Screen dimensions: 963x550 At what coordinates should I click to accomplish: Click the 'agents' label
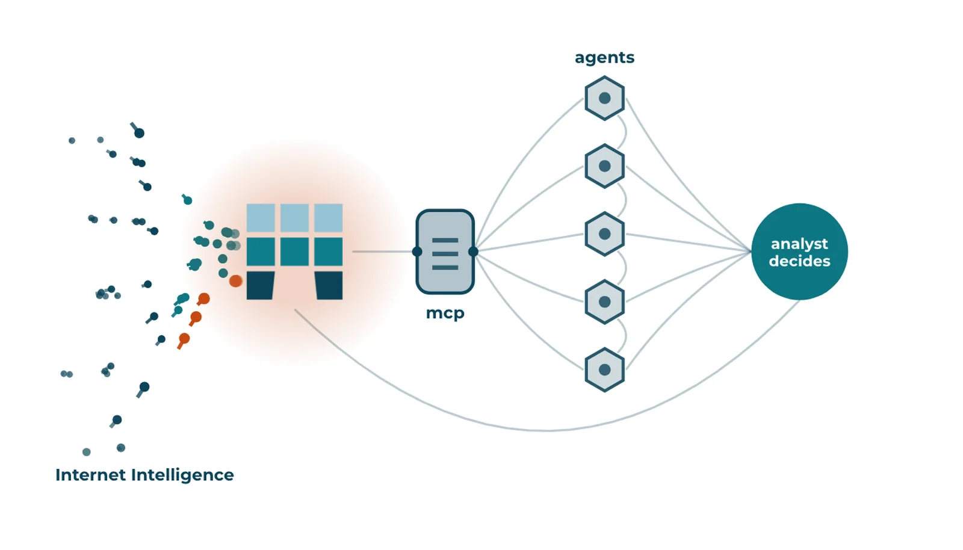[x=604, y=58]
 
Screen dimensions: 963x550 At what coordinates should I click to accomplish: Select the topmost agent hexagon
[x=604, y=98]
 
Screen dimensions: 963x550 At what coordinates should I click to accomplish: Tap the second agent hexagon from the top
[x=604, y=166]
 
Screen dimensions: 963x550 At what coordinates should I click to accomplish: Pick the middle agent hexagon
[x=604, y=233]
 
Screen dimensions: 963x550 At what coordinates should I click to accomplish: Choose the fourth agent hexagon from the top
[x=604, y=301]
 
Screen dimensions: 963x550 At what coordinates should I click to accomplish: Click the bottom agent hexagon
[x=604, y=369]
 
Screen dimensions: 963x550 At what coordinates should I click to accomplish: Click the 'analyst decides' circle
[x=800, y=252]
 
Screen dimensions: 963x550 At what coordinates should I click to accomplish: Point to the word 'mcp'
[x=445, y=314]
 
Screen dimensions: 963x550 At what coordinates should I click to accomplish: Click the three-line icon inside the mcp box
[x=445, y=254]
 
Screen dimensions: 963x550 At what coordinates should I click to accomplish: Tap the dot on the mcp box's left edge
[x=417, y=252]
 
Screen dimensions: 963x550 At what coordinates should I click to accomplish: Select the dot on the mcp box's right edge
[x=473, y=252]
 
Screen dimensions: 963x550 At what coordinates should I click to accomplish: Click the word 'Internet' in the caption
[x=91, y=475]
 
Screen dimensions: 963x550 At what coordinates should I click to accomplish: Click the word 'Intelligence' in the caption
[x=183, y=475]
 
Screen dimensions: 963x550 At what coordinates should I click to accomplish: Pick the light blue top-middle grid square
[x=294, y=218]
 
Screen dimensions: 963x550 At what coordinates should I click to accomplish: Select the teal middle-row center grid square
[x=294, y=252]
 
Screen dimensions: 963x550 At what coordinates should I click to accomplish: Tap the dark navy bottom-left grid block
[x=261, y=285]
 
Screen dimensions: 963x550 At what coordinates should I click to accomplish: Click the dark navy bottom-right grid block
[x=329, y=285]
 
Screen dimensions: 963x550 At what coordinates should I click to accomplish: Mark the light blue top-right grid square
[x=329, y=218]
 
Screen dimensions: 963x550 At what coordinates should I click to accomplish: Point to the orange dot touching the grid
[x=235, y=281]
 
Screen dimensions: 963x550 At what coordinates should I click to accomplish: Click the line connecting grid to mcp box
[x=382, y=252]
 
